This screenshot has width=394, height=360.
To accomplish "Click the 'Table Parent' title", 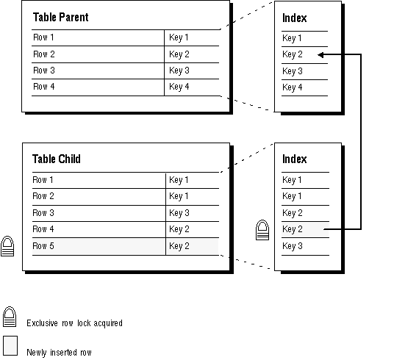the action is (60, 18).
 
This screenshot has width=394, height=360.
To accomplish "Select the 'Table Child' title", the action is (57, 159).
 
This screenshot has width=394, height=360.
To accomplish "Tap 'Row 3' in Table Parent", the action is (43, 71).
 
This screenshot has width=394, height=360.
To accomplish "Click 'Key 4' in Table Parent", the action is (179, 87).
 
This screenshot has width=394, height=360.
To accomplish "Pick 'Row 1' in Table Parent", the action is (43, 37).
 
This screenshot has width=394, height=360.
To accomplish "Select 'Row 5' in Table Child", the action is (43, 246).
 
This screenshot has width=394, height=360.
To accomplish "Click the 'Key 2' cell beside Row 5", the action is (179, 246).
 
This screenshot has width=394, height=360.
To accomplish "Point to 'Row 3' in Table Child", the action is (43, 213).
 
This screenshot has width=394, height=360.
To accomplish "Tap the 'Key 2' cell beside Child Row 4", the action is (179, 229).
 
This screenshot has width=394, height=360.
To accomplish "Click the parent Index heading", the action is (295, 18).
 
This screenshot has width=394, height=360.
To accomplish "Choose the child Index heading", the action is (295, 159).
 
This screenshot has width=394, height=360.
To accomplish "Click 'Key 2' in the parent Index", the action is (293, 54).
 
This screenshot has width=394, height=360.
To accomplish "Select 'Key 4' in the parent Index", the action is (293, 87).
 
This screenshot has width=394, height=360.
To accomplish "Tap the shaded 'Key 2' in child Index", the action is (293, 229).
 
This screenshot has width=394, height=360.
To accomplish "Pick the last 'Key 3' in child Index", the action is (293, 246).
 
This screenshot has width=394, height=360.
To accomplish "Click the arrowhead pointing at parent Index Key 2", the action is (320, 55).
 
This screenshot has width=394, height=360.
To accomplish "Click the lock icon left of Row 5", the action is (7, 246).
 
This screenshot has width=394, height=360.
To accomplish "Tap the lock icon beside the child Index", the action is (262, 230).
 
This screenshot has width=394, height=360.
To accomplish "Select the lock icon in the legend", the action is (10, 317).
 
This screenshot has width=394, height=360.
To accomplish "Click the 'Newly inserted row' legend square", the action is (10, 346).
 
